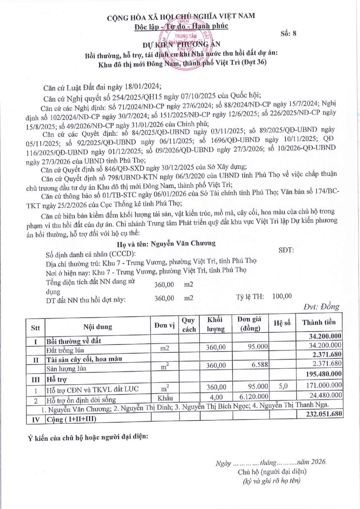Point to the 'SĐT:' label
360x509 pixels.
286,250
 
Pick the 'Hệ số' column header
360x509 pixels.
282,323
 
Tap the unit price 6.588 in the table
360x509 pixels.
260,363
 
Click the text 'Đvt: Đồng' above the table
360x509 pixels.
321,307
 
